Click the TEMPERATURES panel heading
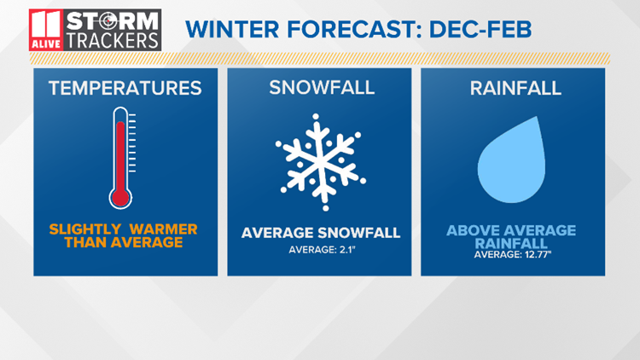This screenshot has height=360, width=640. [x=125, y=88]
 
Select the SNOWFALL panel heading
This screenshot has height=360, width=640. [x=322, y=88]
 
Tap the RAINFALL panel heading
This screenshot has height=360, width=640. [x=515, y=88]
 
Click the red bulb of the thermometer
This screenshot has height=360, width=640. [x=120, y=198]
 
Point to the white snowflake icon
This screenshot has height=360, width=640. [x=321, y=162]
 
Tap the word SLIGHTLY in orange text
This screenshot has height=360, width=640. [x=84, y=229]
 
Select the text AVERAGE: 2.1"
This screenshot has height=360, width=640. [x=322, y=249]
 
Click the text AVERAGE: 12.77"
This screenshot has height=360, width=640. [x=513, y=255]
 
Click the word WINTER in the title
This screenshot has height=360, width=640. [x=232, y=29]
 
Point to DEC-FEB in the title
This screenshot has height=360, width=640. [x=480, y=29]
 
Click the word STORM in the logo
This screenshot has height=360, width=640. [x=113, y=20]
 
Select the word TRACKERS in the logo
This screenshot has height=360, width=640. [x=113, y=41]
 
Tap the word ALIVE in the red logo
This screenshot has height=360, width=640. [x=46, y=44]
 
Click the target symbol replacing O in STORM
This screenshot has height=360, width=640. [x=108, y=20]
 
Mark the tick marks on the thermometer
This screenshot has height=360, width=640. [x=132, y=142]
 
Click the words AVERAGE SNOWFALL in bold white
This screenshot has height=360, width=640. [x=321, y=233]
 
